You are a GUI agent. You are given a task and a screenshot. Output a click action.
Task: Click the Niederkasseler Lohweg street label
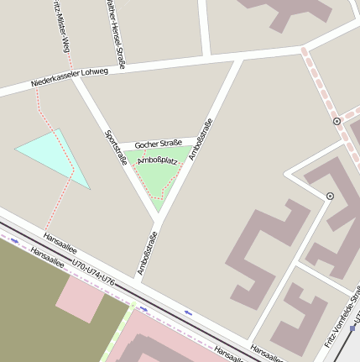(70, 77)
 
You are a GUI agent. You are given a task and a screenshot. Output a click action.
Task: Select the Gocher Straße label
(158, 144)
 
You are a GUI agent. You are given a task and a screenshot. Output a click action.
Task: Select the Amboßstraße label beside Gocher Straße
(200, 139)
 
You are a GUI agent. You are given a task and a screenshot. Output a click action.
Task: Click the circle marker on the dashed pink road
(337, 121)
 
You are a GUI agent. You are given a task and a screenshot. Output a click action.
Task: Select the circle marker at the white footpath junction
(330, 196)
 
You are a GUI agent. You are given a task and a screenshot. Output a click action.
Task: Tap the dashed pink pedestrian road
(319, 84)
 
